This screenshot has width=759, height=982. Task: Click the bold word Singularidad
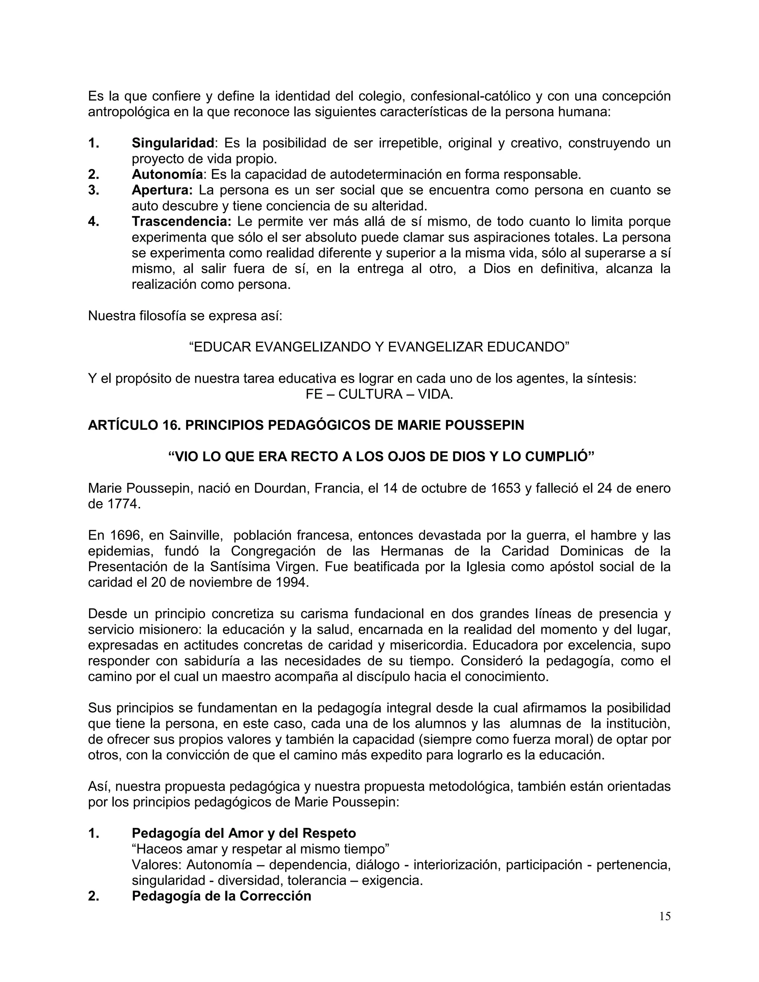173,143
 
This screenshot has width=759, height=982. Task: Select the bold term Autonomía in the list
167,175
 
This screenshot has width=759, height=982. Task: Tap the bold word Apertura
162,190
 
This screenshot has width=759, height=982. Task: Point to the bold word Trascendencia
181,222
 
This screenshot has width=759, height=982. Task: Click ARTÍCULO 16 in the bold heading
134,425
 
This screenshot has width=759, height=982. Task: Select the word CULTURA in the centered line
370,394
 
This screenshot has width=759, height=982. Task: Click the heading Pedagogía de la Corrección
221,896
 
